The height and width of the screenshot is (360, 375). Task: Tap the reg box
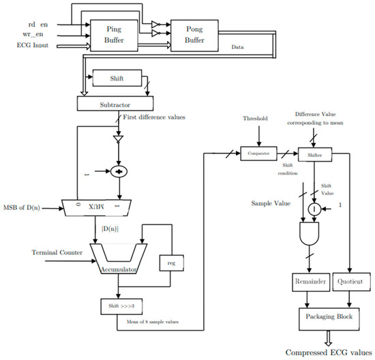(x=169, y=264)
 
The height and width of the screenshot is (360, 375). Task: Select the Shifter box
(x=314, y=155)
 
